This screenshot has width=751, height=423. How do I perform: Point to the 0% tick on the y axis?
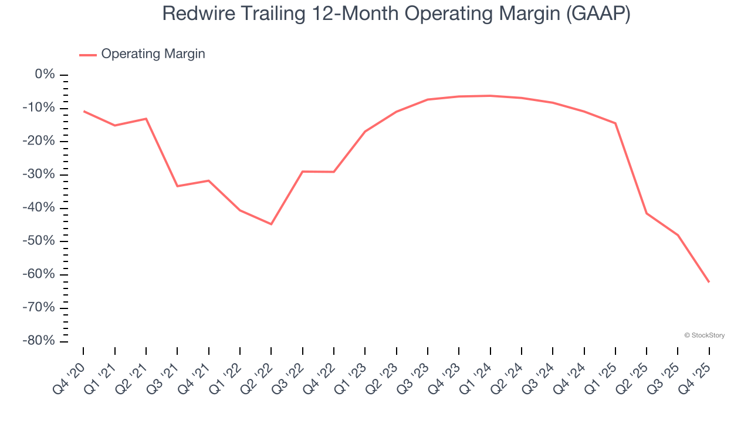tap(45, 75)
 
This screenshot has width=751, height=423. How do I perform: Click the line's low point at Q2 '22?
tap(271, 224)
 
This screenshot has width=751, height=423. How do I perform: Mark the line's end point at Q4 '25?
tap(709, 282)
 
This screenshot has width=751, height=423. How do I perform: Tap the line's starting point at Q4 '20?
tap(83, 111)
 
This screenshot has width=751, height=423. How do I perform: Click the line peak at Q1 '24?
tap(490, 96)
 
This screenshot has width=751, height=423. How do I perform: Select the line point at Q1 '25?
tap(615, 123)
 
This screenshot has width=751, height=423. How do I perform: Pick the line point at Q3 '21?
tap(177, 186)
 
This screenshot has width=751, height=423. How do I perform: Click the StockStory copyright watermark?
tap(704, 335)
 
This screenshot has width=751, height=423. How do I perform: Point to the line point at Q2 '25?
tap(647, 213)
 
